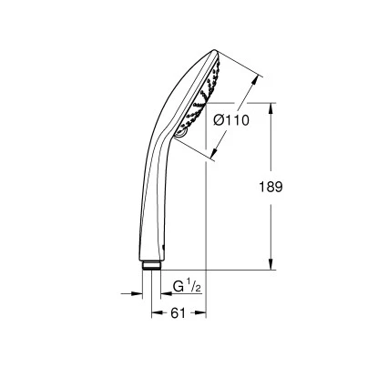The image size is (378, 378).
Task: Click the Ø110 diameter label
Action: [x=231, y=117]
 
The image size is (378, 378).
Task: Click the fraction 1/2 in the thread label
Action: [x=195, y=287]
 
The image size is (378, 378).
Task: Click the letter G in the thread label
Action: [x=178, y=288]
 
